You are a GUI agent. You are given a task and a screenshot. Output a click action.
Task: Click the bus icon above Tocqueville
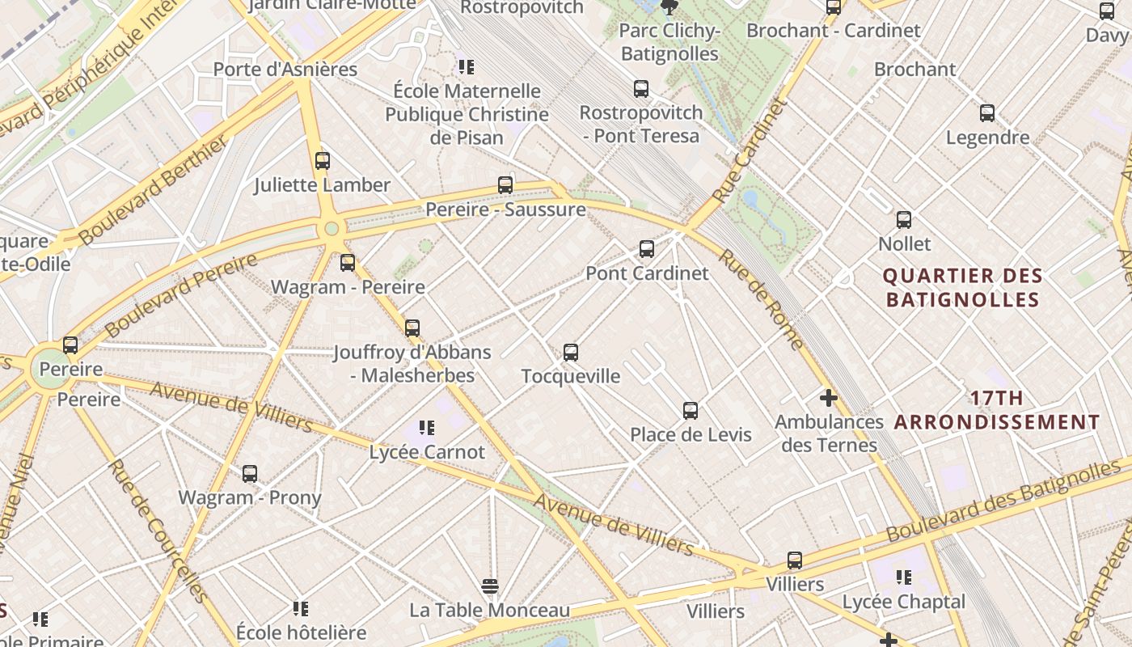(x=571, y=352)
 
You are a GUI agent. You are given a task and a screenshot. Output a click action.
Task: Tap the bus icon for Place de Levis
(x=691, y=411)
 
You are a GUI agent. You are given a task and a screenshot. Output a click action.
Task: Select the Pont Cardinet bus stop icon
(x=647, y=249)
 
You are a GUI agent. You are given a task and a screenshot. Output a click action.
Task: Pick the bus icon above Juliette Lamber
(x=323, y=161)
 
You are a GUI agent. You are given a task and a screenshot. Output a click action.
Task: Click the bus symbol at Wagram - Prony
(x=250, y=474)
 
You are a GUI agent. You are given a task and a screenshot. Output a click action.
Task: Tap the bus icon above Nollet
(x=904, y=220)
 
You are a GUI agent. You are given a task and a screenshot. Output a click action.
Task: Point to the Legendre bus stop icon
(x=987, y=113)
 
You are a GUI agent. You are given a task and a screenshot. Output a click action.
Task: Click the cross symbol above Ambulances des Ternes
(x=828, y=398)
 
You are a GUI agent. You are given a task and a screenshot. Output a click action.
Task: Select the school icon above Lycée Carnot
(x=427, y=428)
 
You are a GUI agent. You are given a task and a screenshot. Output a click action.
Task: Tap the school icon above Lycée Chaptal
(x=904, y=577)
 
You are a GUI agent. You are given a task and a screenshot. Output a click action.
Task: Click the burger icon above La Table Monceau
(x=489, y=586)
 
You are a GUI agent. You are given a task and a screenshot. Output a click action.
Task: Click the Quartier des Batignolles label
(x=962, y=288)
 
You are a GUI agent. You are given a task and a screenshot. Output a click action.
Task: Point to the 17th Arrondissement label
(x=997, y=410)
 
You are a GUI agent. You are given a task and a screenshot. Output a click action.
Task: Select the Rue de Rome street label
(x=762, y=299)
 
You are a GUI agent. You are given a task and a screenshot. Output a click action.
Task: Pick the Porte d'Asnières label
(x=285, y=70)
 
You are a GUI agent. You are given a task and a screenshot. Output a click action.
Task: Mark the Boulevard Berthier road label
(x=154, y=190)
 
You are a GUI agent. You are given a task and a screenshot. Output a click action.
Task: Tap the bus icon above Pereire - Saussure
(x=505, y=185)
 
